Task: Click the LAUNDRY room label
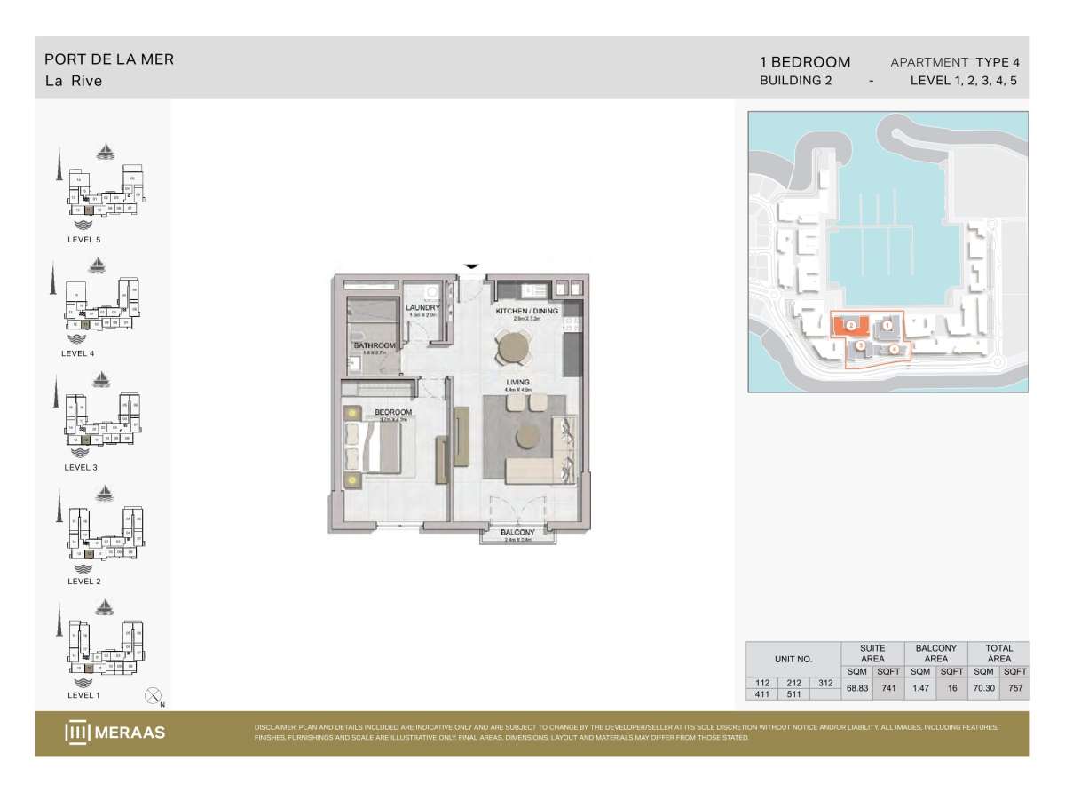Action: click(x=423, y=308)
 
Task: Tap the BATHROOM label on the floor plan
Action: click(x=375, y=345)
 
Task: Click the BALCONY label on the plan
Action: click(x=517, y=532)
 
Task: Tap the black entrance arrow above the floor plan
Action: click(x=472, y=265)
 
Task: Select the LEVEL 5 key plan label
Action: click(x=90, y=240)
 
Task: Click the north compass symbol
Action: click(x=154, y=696)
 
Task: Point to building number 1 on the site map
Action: click(x=887, y=326)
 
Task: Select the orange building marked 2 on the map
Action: click(x=849, y=325)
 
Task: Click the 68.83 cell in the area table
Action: click(x=856, y=687)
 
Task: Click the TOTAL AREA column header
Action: click(x=999, y=653)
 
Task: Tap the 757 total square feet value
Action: click(x=1015, y=687)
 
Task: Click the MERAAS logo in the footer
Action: click(x=115, y=733)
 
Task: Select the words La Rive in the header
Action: click(x=74, y=81)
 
